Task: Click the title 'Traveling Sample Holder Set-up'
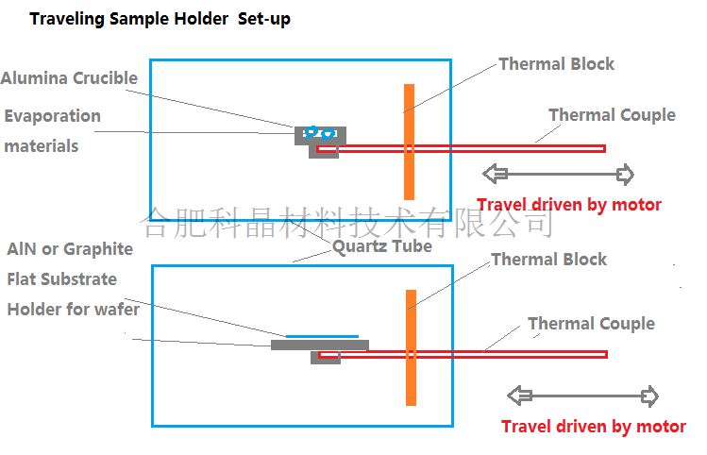(x=160, y=19)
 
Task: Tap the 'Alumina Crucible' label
(x=70, y=78)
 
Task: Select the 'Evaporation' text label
(x=53, y=116)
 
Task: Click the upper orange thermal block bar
(x=409, y=142)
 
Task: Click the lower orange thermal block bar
(x=411, y=347)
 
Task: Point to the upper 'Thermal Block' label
(x=556, y=64)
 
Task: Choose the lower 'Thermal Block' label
(x=548, y=260)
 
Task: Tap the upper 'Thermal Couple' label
(x=612, y=115)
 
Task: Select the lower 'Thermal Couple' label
(x=591, y=324)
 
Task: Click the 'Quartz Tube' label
(x=381, y=246)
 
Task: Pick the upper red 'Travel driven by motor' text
(x=569, y=205)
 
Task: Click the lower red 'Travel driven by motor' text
(x=594, y=427)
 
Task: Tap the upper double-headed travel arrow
(x=558, y=174)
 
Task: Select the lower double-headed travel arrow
(x=582, y=396)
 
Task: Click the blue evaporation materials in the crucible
(x=319, y=134)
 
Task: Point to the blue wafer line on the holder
(x=322, y=335)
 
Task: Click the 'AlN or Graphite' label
(x=70, y=249)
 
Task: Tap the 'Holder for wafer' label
(x=74, y=310)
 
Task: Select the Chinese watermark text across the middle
(x=346, y=224)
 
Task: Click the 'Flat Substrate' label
(x=62, y=279)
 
